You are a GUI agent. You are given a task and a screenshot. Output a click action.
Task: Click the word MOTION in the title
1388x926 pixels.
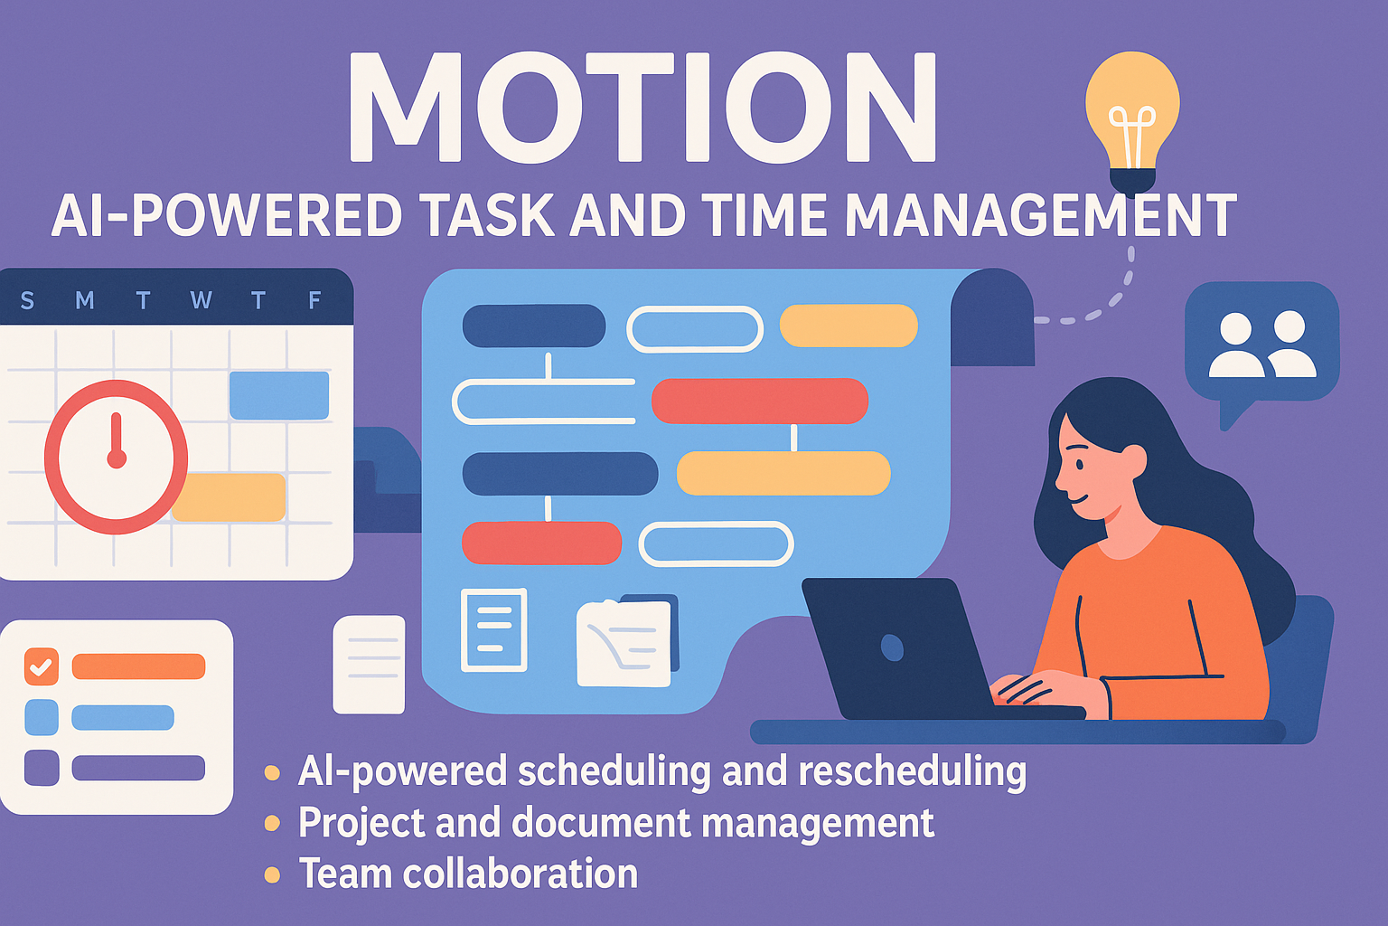[x=642, y=107]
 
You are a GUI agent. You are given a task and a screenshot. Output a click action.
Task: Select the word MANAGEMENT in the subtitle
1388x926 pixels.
[x=1041, y=215]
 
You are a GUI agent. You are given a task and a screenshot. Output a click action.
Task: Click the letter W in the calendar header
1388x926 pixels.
[x=201, y=300]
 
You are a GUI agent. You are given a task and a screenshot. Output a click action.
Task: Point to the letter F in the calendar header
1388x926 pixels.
[x=314, y=300]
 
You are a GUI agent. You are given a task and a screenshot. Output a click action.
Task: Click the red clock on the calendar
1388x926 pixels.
[x=116, y=457]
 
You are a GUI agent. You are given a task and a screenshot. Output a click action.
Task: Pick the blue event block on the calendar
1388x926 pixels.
[x=279, y=395]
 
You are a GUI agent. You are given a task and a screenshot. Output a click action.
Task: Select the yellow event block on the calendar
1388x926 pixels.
[x=230, y=497]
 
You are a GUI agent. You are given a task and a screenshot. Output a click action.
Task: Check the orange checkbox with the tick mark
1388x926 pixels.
[x=42, y=666]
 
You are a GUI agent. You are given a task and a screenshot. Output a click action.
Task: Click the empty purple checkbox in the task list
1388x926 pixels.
[x=42, y=768]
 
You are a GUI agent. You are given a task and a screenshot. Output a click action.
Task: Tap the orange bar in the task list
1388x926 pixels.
[x=139, y=666]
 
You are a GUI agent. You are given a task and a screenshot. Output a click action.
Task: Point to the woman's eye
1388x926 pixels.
[x=1080, y=465]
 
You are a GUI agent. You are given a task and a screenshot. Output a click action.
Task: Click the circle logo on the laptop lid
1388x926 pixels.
[x=892, y=648]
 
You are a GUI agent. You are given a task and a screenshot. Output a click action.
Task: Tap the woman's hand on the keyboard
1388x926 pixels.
[x=1028, y=687]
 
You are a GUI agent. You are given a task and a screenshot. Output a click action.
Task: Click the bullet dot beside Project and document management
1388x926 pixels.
[x=272, y=823]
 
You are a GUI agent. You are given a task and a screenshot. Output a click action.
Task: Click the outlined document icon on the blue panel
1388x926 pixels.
[x=494, y=630]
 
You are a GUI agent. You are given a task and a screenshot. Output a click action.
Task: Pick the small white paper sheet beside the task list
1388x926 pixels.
[x=369, y=665]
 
